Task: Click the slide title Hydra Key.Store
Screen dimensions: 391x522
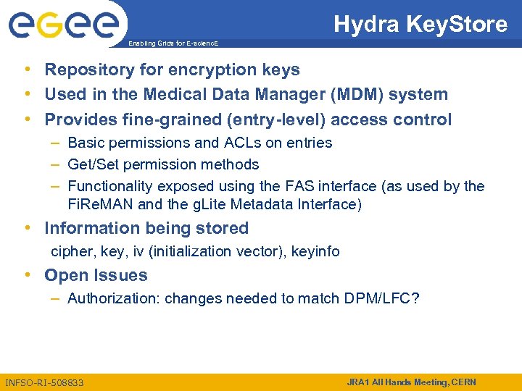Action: [420, 25]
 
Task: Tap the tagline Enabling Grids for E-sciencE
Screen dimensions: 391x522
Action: [173, 44]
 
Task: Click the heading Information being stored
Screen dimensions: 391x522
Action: [146, 228]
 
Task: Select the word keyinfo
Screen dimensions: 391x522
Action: [315, 252]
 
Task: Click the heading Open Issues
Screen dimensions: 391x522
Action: [96, 275]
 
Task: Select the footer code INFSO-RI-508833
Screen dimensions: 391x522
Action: [44, 382]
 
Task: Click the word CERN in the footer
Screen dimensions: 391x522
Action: [462, 382]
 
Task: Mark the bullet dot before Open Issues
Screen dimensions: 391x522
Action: [27, 275]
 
